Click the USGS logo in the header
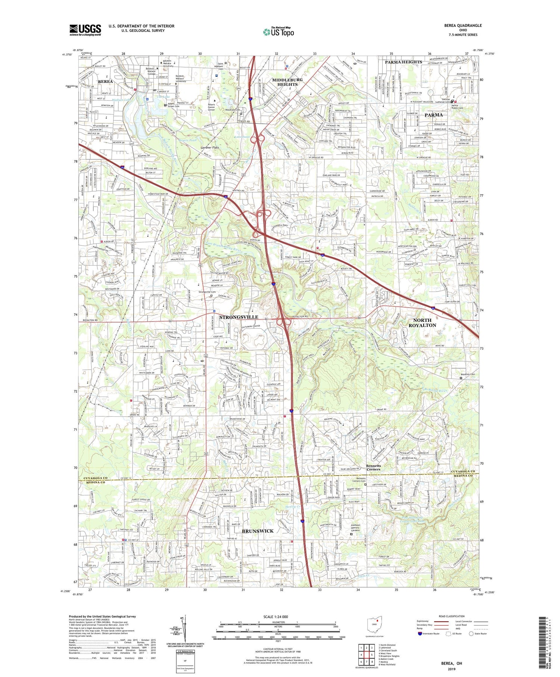[85, 30]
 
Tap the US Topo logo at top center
[278, 32]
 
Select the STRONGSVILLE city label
[239, 317]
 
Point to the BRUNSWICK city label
[258, 531]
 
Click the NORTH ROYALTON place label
[422, 323]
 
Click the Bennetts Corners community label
[373, 467]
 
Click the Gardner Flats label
[210, 147]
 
